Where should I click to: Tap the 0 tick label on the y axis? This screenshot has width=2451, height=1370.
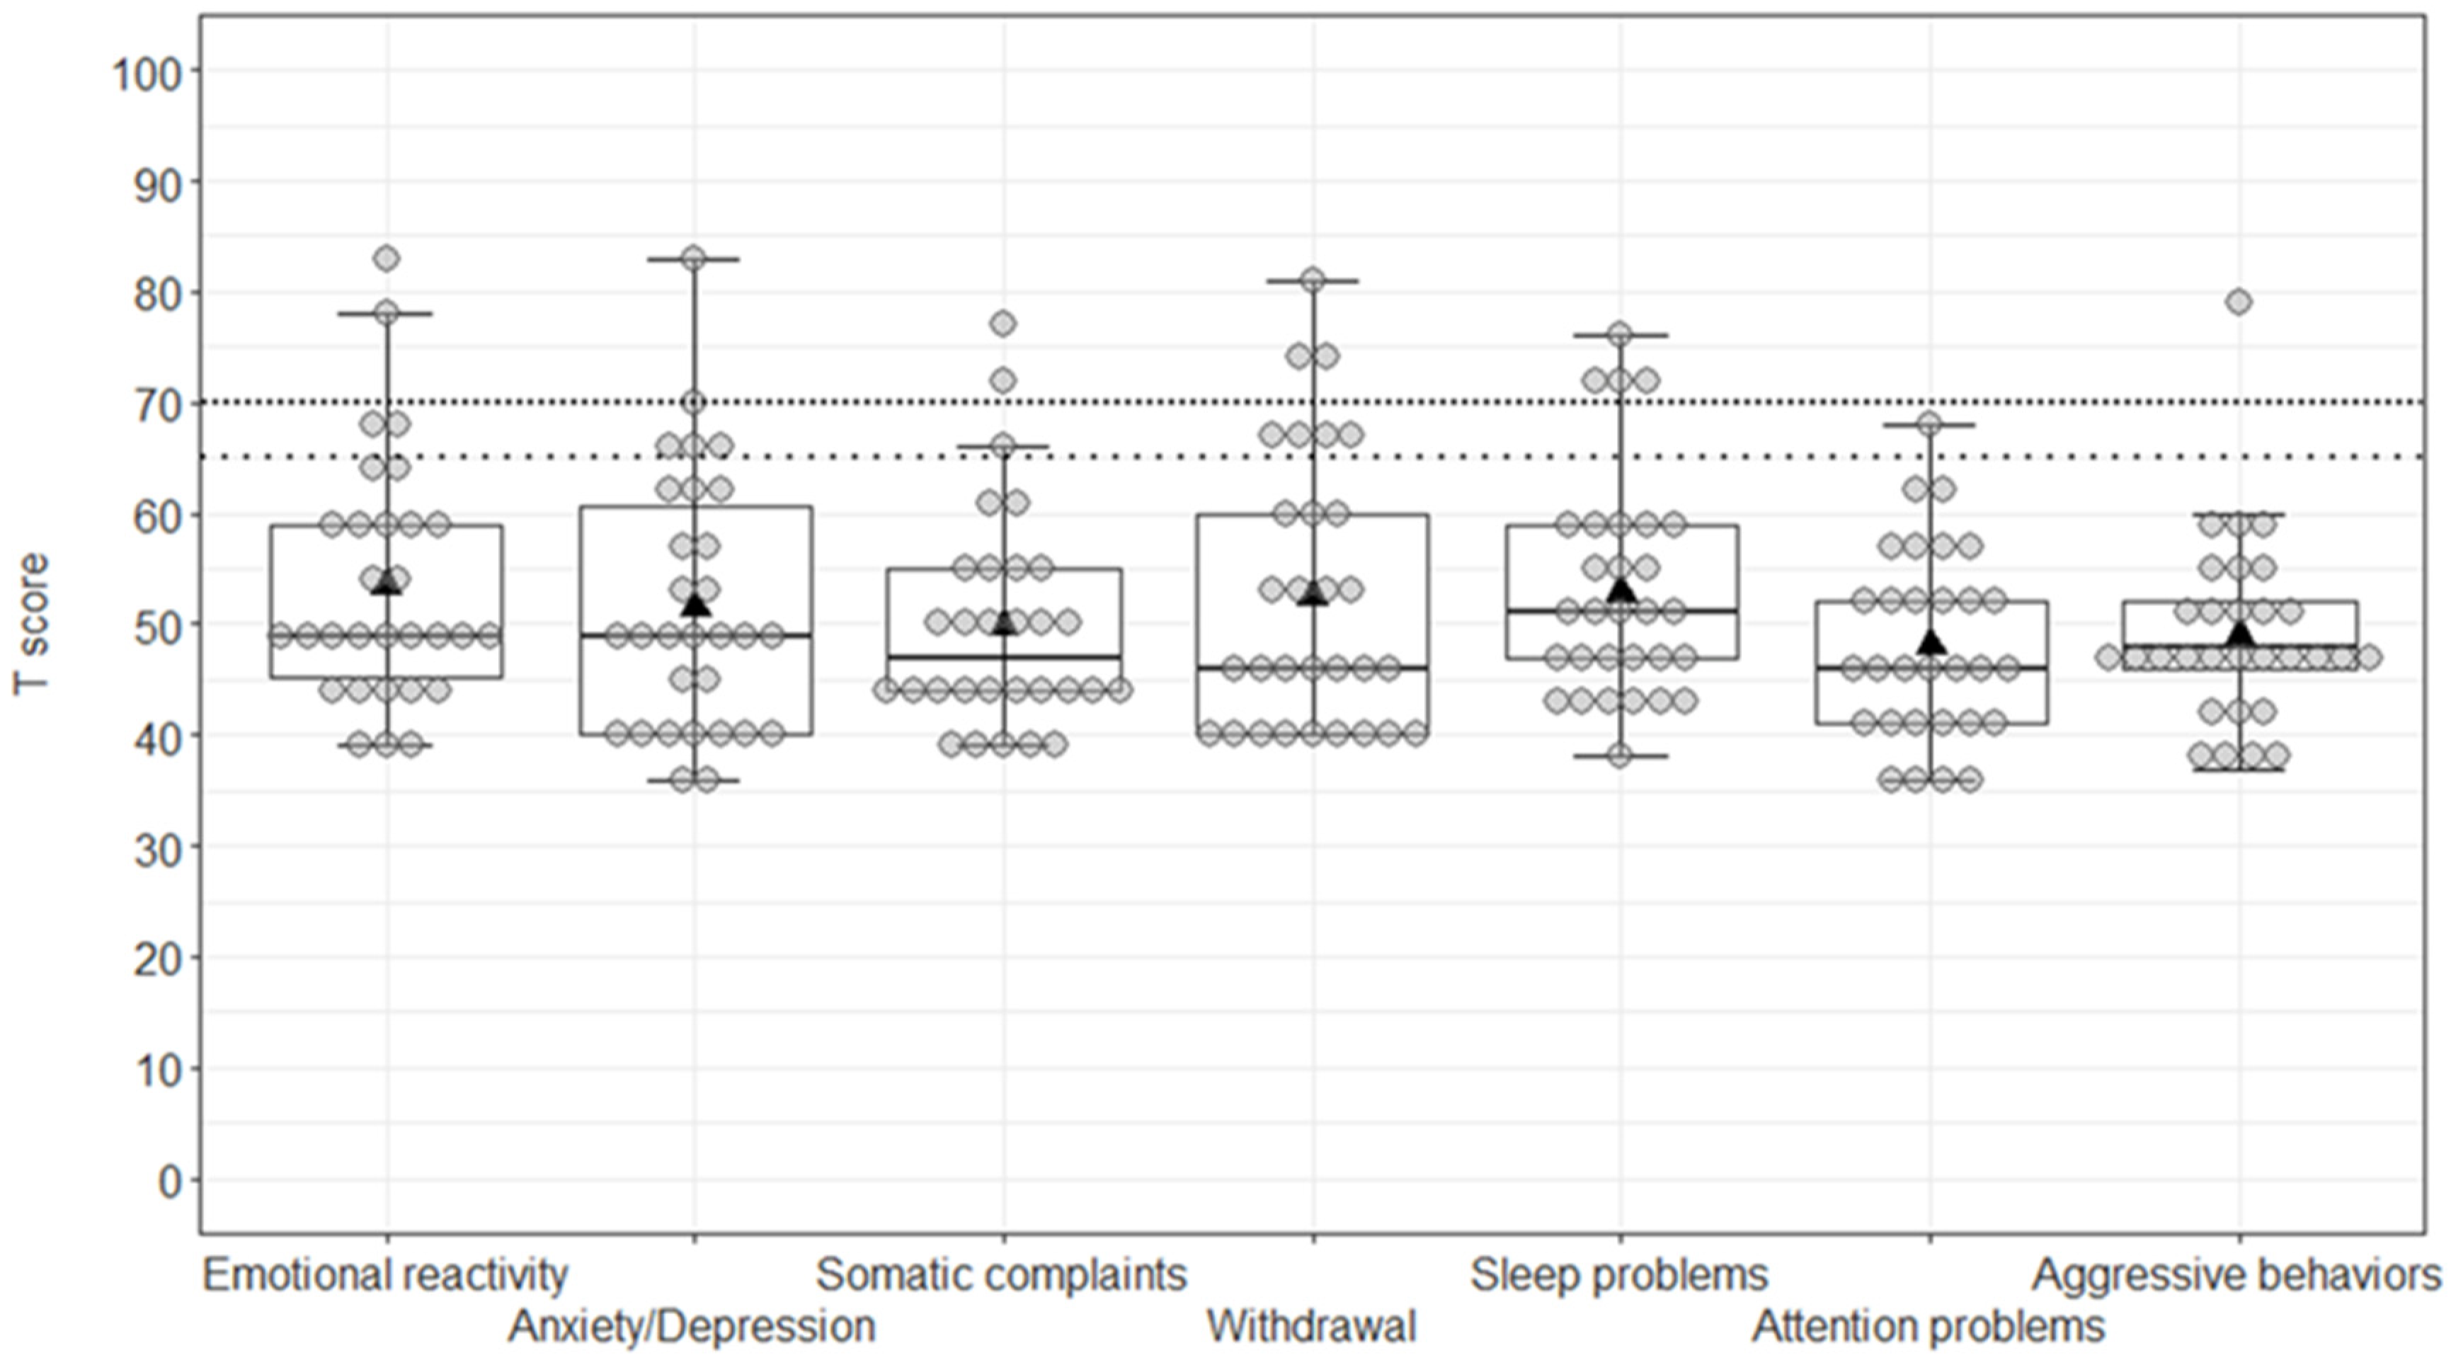171,1182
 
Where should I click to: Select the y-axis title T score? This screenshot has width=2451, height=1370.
30,624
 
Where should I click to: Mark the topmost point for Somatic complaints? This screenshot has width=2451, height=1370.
1003,324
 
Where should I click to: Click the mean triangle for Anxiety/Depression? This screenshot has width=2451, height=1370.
695,604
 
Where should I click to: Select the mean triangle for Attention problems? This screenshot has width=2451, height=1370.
1931,642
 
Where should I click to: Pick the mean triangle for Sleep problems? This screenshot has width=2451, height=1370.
1621,590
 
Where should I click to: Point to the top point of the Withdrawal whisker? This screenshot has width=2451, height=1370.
1313,280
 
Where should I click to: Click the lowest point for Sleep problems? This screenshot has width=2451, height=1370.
1621,756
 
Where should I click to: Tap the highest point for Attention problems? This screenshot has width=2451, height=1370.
1930,424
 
